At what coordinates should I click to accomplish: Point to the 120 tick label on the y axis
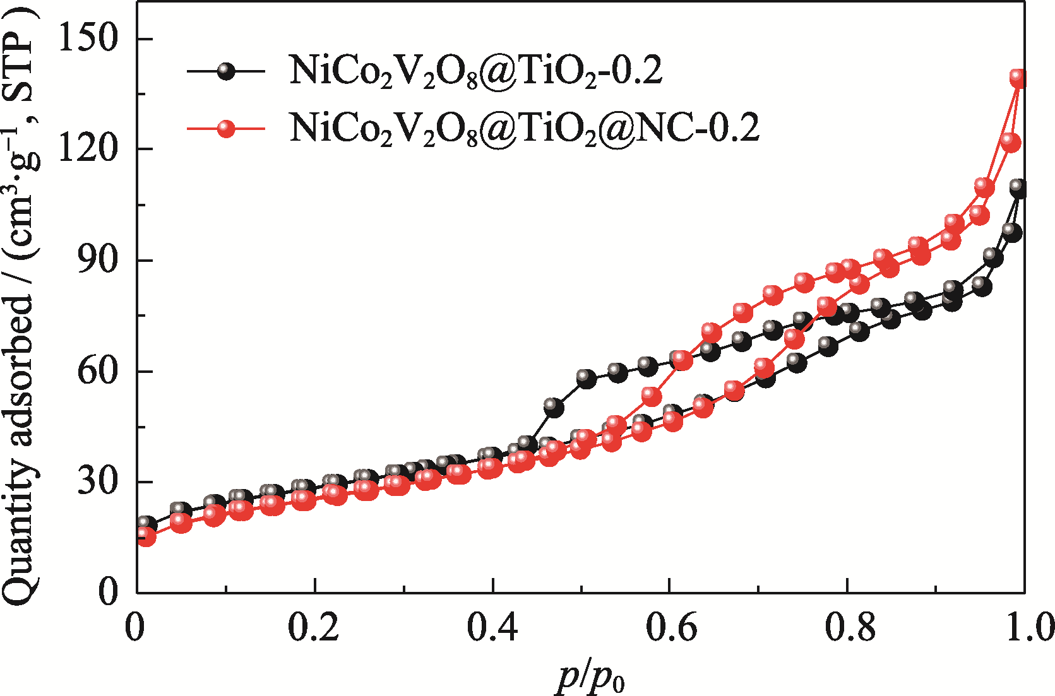tap(88, 149)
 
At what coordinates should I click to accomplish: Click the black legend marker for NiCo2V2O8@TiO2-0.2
tap(225, 71)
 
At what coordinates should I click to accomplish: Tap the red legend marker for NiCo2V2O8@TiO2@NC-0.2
tap(225, 128)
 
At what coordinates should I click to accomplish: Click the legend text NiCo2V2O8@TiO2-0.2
tap(475, 71)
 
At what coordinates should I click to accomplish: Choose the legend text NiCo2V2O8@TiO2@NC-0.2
tap(524, 128)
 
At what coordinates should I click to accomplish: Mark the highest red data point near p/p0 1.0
tap(1017, 78)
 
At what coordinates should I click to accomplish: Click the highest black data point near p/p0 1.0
tap(1017, 187)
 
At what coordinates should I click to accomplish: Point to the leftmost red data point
tap(146, 536)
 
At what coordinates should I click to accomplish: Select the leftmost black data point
tap(146, 524)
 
